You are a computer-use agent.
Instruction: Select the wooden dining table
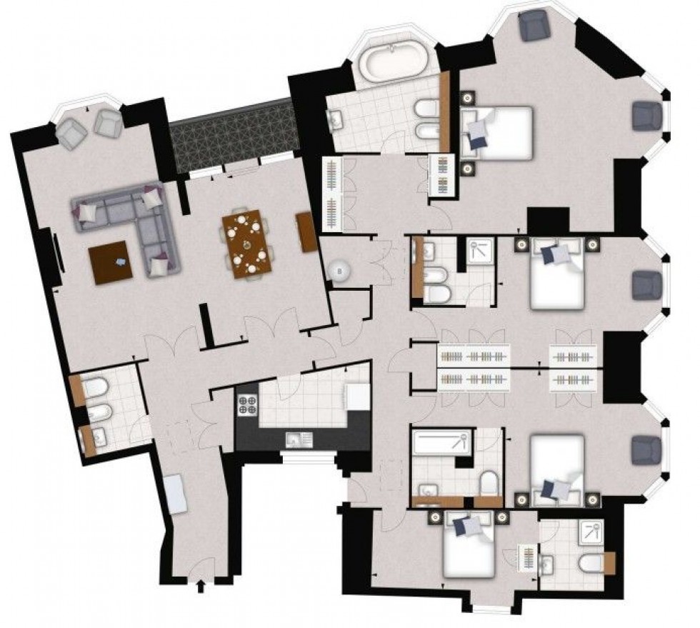[x=248, y=244]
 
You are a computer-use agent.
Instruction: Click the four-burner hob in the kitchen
[x=247, y=405]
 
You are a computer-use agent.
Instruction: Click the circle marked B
[x=339, y=270]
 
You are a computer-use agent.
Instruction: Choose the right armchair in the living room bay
[x=108, y=122]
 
